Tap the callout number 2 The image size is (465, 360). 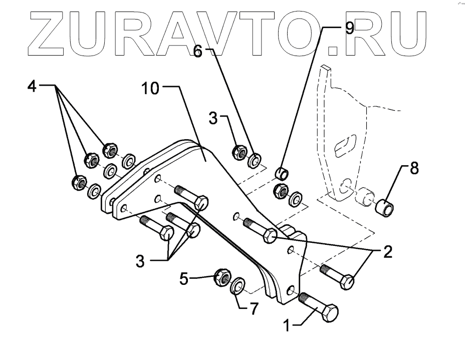(x=387, y=252)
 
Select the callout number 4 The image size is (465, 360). (x=32, y=87)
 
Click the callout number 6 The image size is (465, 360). (x=198, y=52)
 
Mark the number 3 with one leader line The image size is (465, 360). (x=212, y=119)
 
